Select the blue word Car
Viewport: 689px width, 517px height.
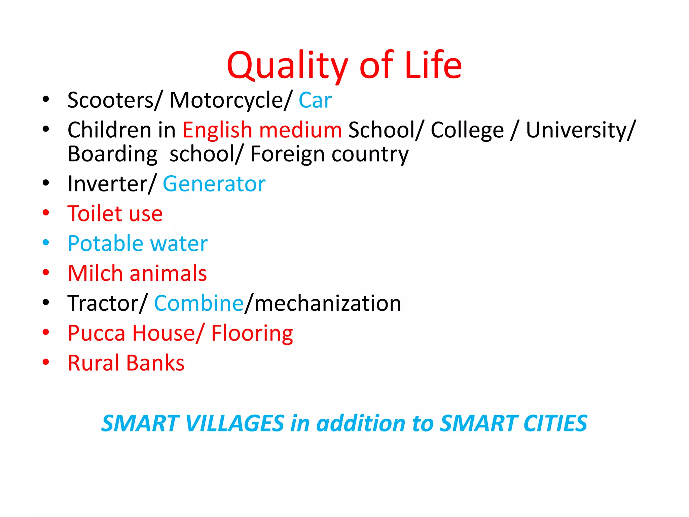point(315,100)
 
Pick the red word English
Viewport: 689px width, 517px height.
point(217,130)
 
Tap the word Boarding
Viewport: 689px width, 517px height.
point(112,154)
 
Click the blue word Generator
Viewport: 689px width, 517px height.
point(214,184)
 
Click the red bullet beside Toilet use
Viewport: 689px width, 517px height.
point(46,213)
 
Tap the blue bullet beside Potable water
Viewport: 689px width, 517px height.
point(46,242)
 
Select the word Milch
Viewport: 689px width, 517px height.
point(95,273)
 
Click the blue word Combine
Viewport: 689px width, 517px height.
point(199,303)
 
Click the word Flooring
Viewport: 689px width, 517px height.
point(252,333)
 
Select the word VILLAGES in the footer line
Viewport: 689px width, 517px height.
point(234,423)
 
